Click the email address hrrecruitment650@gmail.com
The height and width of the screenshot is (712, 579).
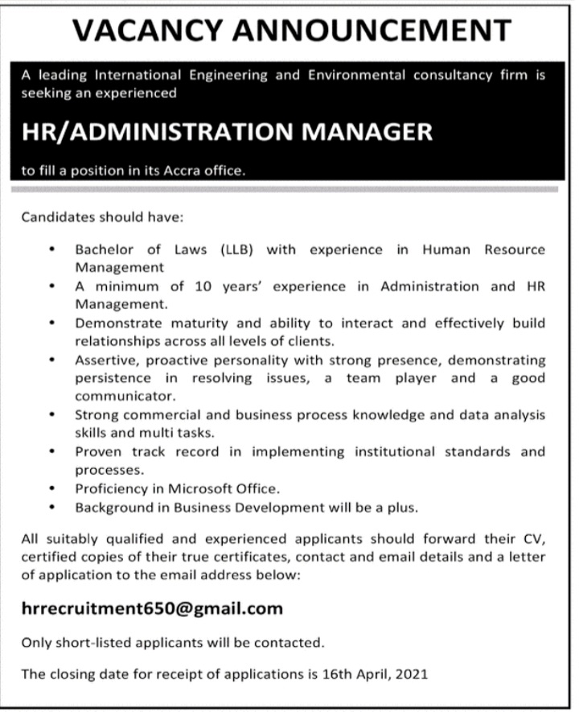click(x=152, y=608)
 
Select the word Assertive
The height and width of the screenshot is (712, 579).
click(x=104, y=360)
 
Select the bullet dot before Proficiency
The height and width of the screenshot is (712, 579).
click(x=52, y=488)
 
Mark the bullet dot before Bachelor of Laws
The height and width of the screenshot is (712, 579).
click(x=52, y=249)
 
